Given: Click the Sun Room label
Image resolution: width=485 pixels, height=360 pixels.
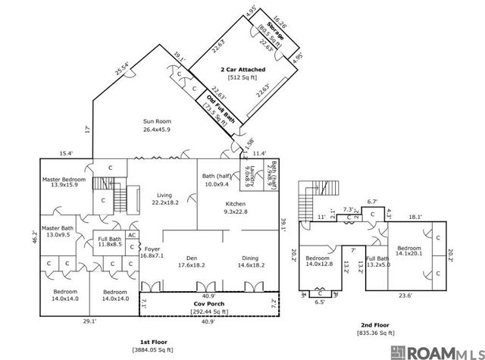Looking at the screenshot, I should (x=157, y=125).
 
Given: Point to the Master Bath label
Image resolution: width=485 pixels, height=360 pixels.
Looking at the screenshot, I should (x=58, y=230).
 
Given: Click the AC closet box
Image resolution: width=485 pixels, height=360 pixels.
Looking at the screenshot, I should (x=131, y=236).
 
